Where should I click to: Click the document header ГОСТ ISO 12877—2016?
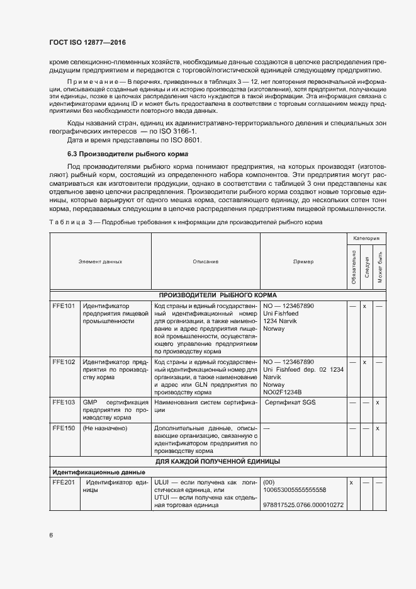click(87, 42)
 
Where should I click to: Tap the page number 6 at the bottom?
click(50, 535)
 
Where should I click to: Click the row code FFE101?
click(64, 306)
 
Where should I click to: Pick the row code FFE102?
click(64, 362)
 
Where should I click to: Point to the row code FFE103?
click(64, 402)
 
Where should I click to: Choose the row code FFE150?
click(64, 428)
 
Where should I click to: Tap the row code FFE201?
click(64, 482)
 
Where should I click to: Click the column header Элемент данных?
click(100, 261)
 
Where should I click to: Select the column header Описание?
click(205, 261)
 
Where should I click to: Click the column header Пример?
click(303, 261)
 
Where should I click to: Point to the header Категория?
click(366, 239)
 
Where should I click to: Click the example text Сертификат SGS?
click(290, 402)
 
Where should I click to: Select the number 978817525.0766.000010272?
click(304, 505)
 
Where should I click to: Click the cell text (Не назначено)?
click(105, 428)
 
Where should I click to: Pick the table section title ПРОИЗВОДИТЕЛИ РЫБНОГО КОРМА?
click(218, 294)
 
